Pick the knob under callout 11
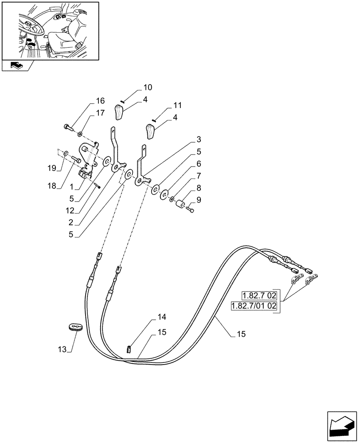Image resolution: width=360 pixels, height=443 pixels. click(151, 132)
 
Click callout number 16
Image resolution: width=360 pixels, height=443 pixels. click(100, 100)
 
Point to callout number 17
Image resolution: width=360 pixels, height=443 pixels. click(100, 113)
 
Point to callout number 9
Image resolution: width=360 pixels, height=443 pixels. click(198, 200)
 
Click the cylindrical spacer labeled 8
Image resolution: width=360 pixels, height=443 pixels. click(180, 206)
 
